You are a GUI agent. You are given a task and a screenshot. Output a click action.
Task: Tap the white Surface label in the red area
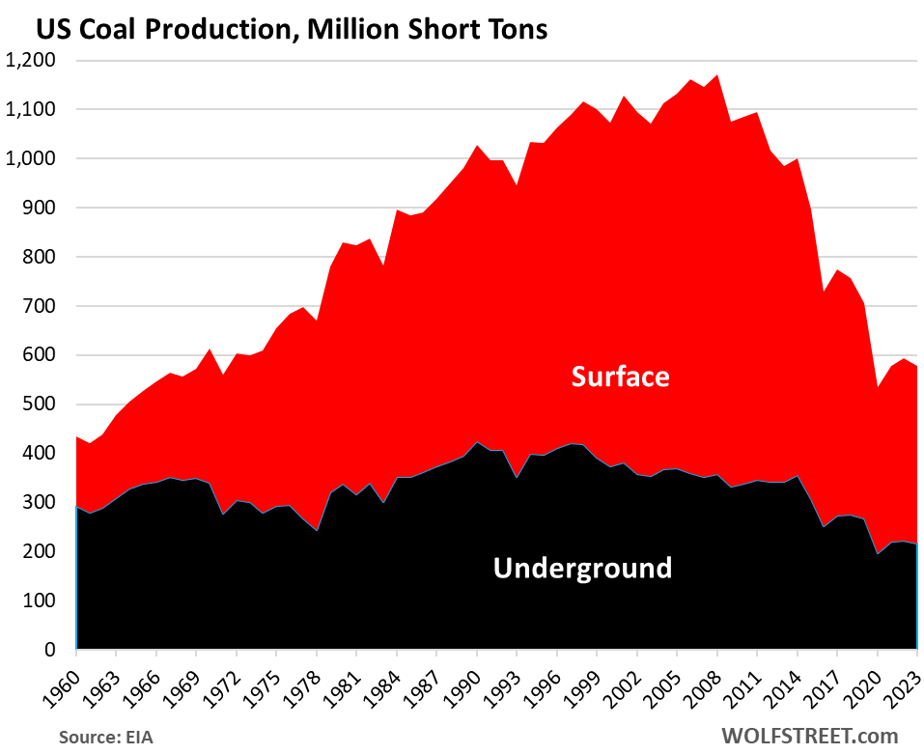click(620, 376)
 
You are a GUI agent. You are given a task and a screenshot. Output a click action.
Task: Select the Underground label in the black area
click(582, 568)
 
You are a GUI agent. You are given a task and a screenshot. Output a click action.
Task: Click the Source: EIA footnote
click(104, 737)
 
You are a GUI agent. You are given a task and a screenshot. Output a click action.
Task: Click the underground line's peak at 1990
click(476, 442)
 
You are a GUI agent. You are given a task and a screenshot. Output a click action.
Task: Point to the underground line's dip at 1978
click(316, 531)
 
